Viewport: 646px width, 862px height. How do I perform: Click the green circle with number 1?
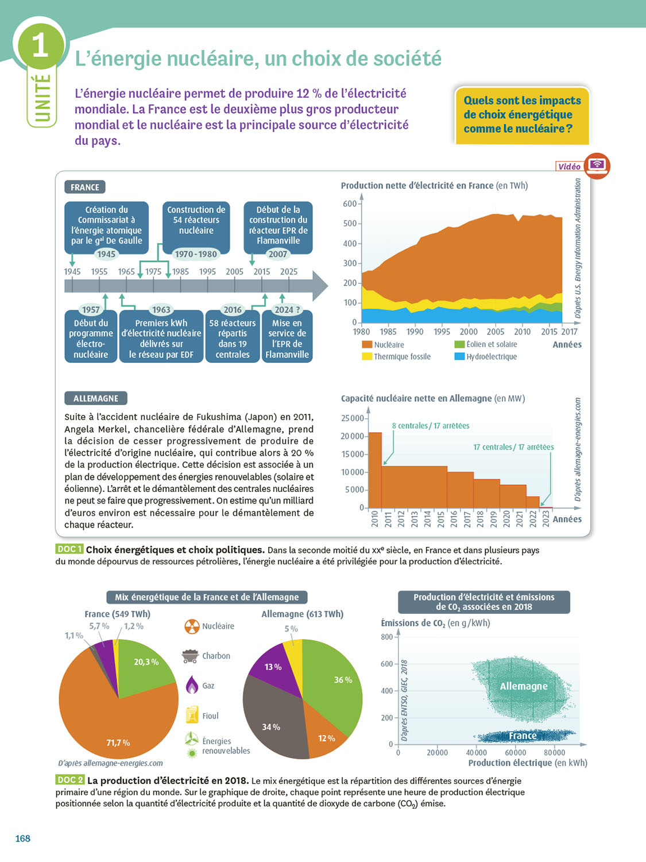pos(40,45)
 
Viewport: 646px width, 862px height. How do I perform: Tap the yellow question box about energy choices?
pos(522,115)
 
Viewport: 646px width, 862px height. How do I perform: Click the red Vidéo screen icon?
pos(597,166)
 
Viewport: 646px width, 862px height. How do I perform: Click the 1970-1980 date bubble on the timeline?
pos(196,254)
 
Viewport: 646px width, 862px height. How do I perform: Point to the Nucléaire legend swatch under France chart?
pos(367,345)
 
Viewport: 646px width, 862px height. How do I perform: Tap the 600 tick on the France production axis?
pos(350,203)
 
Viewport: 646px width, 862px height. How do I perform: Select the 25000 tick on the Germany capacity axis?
pos(353,418)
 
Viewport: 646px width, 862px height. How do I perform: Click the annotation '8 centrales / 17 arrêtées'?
pos(431,426)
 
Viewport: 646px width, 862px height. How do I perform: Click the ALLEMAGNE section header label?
pos(96,398)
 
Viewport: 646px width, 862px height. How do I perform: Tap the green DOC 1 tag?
pos(69,549)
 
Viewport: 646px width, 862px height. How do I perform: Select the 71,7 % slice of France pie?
pos(118,730)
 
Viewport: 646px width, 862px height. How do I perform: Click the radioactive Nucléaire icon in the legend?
pos(192,626)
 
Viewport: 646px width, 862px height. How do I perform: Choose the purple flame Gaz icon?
pos(192,685)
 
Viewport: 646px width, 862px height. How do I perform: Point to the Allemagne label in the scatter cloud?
pos(524,686)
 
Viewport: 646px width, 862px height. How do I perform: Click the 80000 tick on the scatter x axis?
pos(554,753)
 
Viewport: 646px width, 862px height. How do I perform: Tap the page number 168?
pos(23,838)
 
